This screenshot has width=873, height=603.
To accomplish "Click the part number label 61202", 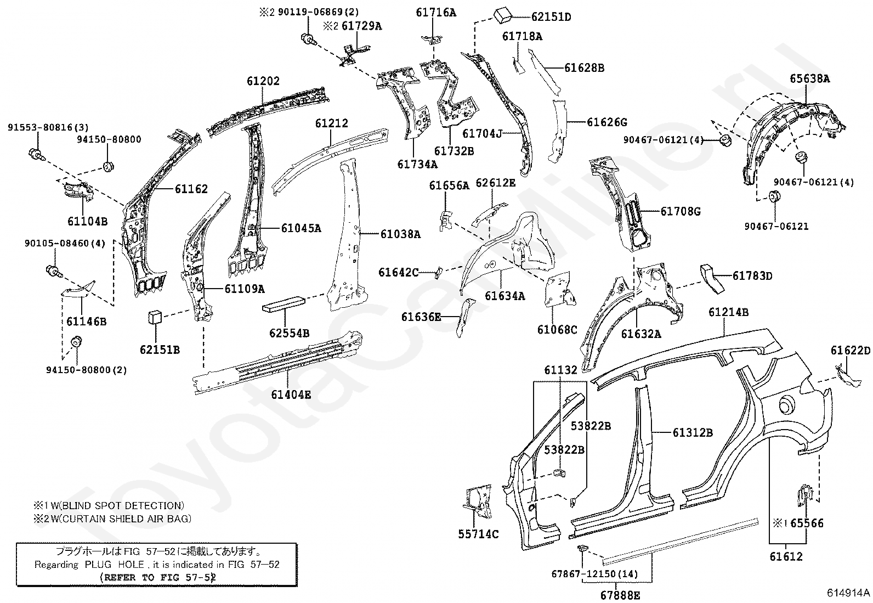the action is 263,81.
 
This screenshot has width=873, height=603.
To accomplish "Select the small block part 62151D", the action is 503,16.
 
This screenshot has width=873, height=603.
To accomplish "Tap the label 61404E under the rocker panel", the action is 291,395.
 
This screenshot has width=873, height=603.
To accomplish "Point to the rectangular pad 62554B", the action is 284,303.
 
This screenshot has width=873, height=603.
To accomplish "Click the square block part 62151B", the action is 155,317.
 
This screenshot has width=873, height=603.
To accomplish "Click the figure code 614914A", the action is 848,593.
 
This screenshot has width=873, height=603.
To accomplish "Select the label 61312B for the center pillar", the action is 693,432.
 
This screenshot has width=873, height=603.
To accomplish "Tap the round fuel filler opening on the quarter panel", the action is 789,406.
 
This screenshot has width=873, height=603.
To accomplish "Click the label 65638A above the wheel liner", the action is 810,78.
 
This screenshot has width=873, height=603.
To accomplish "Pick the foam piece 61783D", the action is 712,279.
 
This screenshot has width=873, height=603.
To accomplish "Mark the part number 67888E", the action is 620,595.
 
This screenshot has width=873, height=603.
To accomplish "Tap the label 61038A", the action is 400,234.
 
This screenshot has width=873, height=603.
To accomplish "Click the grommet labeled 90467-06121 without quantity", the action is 774,197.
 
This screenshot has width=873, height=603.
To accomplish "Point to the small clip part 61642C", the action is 439,273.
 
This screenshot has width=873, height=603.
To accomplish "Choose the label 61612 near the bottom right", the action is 786,556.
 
